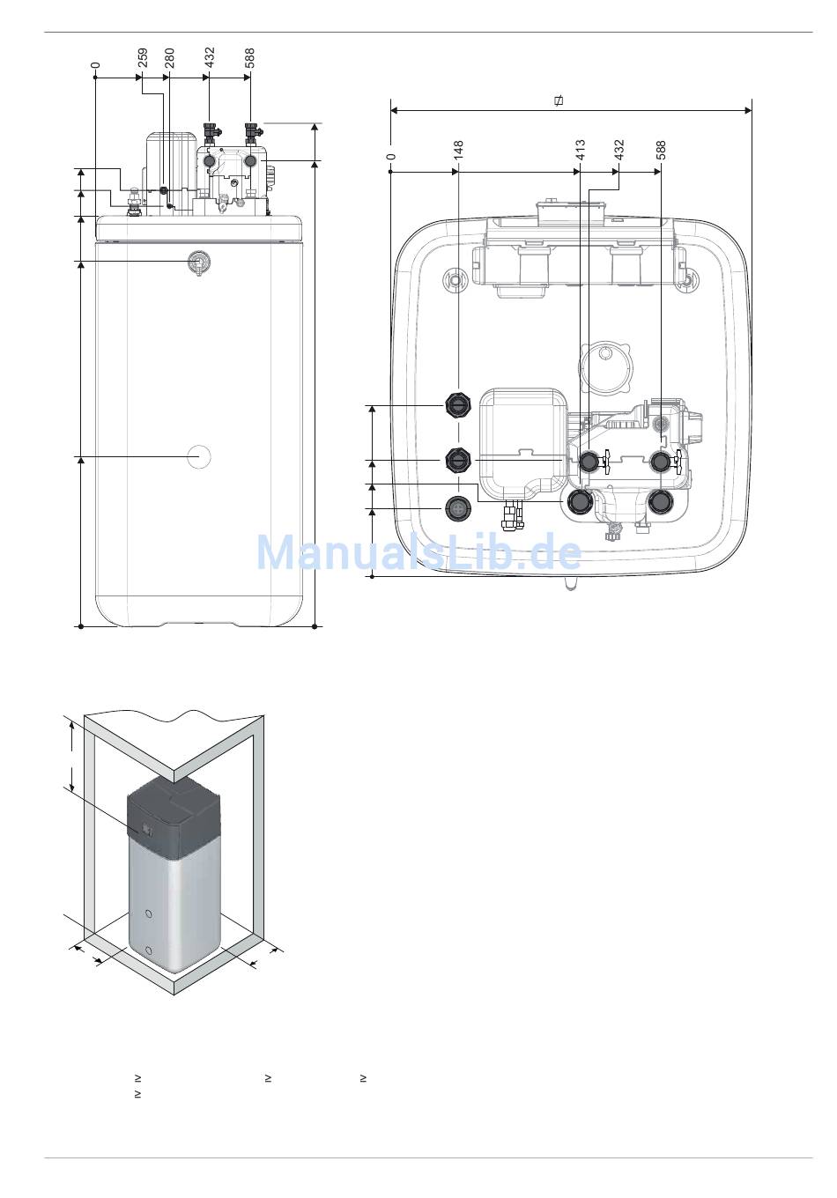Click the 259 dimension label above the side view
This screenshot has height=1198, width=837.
pyautogui.click(x=142, y=58)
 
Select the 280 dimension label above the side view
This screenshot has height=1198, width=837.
pyautogui.click(x=169, y=58)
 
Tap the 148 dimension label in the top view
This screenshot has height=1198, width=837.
pyautogui.click(x=458, y=151)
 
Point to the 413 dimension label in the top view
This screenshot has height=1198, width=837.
pyautogui.click(x=581, y=151)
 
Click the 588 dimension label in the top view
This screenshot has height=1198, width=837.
pyautogui.click(x=661, y=151)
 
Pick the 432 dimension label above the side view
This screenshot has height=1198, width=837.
pyautogui.click(x=209, y=58)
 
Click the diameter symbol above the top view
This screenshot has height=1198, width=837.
pyautogui.click(x=559, y=100)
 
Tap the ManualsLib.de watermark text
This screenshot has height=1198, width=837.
pyautogui.click(x=418, y=553)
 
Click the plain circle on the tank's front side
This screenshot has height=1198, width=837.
pyautogui.click(x=198, y=457)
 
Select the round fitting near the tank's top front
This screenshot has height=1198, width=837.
pyautogui.click(x=198, y=263)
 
